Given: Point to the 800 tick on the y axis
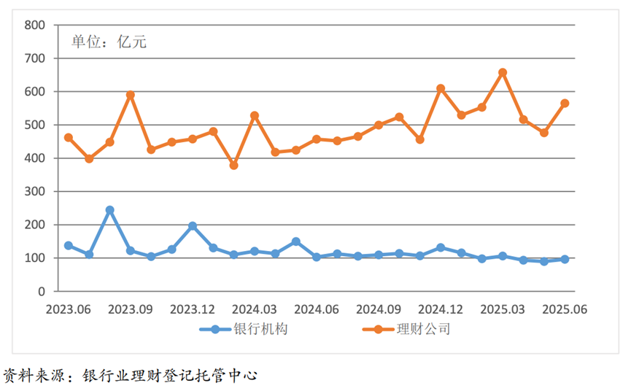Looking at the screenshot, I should pos(35,26).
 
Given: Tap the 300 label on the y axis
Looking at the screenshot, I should pos(35,192).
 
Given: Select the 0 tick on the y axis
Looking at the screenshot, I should pos(41,292).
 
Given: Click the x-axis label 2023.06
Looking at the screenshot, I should pos(69,309).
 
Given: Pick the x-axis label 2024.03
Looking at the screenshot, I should pos(255,309).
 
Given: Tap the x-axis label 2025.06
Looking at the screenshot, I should pos(565,309).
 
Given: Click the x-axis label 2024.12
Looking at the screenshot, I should pos(441,309).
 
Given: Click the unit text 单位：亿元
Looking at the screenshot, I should pos(109,42).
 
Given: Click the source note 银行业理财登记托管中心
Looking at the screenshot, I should pos(171,376).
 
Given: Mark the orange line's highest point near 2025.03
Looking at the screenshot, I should pos(503,73).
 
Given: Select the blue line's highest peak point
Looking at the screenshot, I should pos(109,210).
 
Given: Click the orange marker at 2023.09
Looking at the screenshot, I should pos(131,95).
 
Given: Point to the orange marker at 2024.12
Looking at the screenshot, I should pos(441,88).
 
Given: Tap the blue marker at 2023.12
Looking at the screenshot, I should pos(193,226).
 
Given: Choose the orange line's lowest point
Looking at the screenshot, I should pos(234,166).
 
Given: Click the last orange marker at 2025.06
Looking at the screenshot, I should pos(565,104).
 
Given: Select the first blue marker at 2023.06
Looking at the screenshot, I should pos(69,246).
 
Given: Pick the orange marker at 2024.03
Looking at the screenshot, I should pos(255,116).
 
